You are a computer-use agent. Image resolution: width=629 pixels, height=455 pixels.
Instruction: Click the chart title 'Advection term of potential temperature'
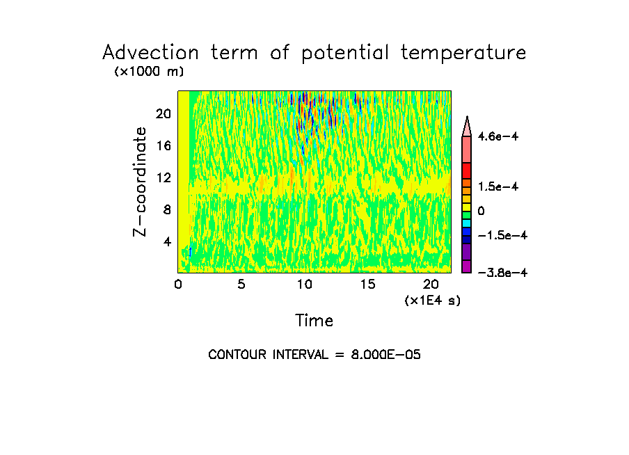click(x=314, y=53)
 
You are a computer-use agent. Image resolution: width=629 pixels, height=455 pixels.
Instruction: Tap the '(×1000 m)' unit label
click(x=149, y=72)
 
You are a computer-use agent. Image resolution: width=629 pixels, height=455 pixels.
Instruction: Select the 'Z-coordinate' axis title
click(x=141, y=182)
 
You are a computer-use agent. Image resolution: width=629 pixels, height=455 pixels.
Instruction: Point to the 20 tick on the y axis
click(x=163, y=114)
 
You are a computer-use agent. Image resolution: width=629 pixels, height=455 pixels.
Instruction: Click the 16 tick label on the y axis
click(x=163, y=146)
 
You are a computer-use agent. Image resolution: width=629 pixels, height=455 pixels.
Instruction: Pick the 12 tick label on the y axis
click(x=163, y=178)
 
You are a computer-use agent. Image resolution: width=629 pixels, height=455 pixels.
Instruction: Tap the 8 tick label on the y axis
click(x=166, y=209)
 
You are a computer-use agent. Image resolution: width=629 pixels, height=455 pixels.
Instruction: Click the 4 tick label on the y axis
click(x=166, y=241)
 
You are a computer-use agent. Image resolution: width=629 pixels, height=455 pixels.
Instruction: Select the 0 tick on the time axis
click(x=178, y=284)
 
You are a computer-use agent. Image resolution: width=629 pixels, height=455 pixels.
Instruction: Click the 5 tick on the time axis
click(x=241, y=284)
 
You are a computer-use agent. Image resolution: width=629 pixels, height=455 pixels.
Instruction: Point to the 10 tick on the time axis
click(x=304, y=284)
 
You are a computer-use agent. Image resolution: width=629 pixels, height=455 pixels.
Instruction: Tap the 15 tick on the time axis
click(x=367, y=284)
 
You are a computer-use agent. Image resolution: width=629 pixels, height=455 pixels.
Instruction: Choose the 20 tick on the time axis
click(x=431, y=284)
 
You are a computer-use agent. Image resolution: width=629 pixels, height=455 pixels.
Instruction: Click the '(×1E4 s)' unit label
click(x=432, y=301)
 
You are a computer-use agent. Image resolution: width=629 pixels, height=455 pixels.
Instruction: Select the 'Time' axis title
click(x=314, y=321)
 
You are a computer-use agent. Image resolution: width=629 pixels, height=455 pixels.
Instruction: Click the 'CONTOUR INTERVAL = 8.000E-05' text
click(x=314, y=355)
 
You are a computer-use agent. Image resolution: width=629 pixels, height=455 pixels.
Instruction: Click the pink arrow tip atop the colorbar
click(x=467, y=125)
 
